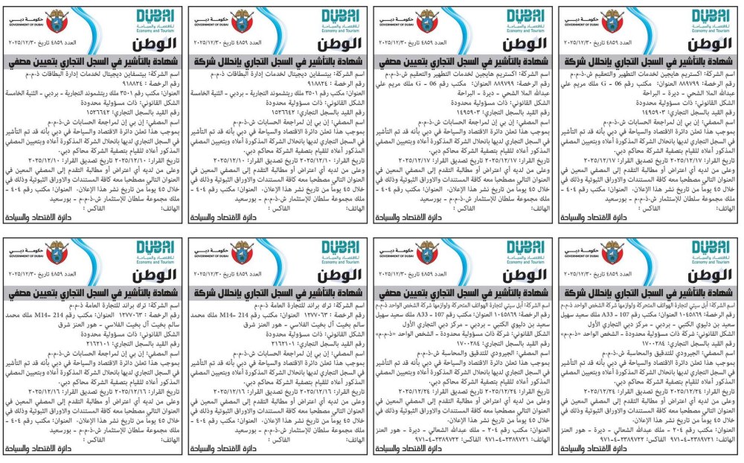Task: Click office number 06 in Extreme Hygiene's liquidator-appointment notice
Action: [429, 77]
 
